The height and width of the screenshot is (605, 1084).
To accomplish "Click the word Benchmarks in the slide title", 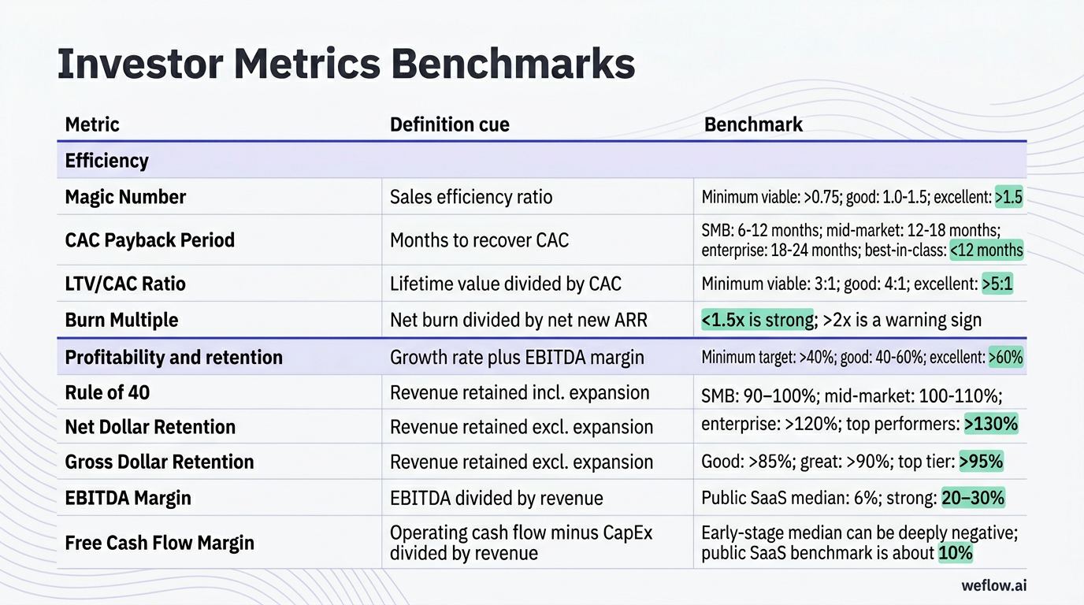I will click(513, 65).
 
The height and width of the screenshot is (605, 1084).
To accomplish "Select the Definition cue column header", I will click(449, 124).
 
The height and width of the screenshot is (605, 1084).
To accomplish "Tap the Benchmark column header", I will click(753, 124).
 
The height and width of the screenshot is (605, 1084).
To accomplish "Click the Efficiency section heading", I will click(106, 161).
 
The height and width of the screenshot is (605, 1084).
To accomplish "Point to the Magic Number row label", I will click(125, 197).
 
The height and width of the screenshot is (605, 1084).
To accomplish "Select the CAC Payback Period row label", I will click(150, 240).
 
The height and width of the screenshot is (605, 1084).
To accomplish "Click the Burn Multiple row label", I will click(121, 320).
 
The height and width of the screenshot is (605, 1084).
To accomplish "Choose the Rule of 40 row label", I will click(107, 392).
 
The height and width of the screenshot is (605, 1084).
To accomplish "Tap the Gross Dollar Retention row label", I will click(159, 462).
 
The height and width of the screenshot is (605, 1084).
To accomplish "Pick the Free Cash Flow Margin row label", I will click(159, 543).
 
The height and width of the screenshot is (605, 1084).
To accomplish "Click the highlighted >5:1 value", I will click(997, 284).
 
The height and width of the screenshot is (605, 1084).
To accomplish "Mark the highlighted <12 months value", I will click(986, 251).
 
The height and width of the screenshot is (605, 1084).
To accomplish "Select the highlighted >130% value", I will click(991, 424).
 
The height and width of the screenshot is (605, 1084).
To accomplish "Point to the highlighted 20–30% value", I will click(973, 498).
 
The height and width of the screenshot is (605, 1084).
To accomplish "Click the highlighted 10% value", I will click(956, 553).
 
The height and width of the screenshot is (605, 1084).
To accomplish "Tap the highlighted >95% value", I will click(981, 462).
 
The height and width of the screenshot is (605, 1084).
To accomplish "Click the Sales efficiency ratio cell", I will click(471, 197).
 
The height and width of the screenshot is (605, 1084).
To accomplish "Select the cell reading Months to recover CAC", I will click(479, 240).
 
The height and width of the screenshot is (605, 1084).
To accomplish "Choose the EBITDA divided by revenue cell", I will click(496, 498).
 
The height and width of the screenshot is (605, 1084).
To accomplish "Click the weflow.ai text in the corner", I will click(994, 585).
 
